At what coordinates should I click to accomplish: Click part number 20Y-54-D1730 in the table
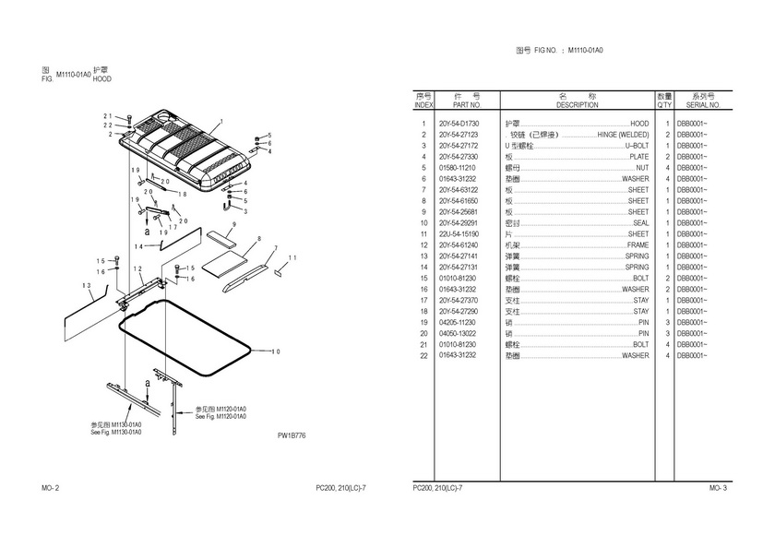[x=459, y=123]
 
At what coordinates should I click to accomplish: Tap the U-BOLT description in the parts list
[x=637, y=145]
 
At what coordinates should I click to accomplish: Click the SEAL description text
[x=640, y=223]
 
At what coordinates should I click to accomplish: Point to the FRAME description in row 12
[x=638, y=245]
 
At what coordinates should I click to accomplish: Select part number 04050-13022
[x=458, y=334]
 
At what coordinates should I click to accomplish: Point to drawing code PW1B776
[x=291, y=435]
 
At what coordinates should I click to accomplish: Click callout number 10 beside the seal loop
[x=275, y=351]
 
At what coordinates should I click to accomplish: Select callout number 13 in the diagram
[x=86, y=287]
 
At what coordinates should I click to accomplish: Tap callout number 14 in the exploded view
[x=138, y=246]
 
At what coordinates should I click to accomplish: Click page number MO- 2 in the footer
[x=51, y=487]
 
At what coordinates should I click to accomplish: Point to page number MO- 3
[x=718, y=487]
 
